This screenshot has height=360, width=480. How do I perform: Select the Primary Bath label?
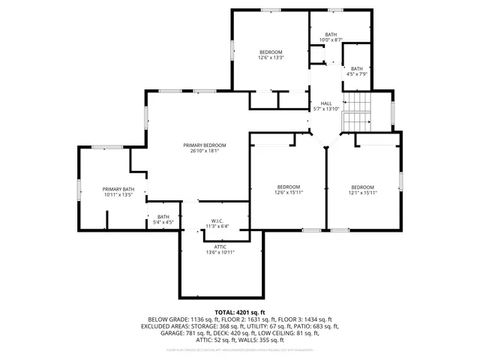click(118, 189)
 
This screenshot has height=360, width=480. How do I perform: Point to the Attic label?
click(220, 246)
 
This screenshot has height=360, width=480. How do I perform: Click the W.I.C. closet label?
click(217, 220)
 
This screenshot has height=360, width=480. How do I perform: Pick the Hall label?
click(326, 103)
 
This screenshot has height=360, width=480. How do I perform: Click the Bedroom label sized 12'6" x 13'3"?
click(271, 52)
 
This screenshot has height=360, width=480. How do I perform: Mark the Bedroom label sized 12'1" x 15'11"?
click(363, 187)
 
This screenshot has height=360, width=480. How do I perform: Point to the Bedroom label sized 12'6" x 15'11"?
click(289, 187)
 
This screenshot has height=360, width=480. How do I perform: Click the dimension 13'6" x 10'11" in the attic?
click(220, 252)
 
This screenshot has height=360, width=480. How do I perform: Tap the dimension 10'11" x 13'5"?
click(118, 195)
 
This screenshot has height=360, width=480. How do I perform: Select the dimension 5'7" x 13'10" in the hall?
click(326, 109)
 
